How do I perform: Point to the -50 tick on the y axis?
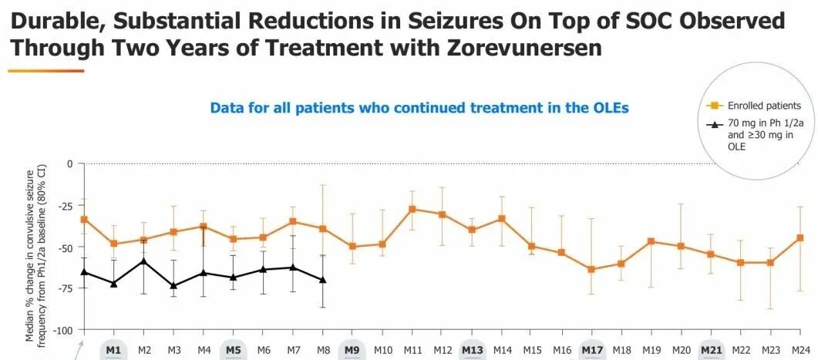point(67,247)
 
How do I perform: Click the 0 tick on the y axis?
point(69,163)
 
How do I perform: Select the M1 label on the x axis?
point(113,350)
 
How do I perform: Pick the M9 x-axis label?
point(352,350)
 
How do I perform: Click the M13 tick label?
point(472,350)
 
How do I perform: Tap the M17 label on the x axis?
point(591,350)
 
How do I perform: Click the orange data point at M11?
point(412,209)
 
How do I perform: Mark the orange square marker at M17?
point(591,269)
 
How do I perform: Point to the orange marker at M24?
point(800,237)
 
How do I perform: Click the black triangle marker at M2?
point(143,261)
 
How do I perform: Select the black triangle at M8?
point(322,280)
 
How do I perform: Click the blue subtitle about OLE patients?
point(419,108)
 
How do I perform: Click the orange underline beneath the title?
point(46,71)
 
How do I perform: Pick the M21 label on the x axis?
point(711,350)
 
